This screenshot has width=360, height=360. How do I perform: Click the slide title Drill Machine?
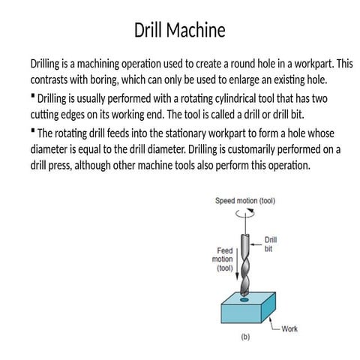180,31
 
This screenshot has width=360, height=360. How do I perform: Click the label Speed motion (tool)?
244,201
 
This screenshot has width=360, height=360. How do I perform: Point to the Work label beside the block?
289,328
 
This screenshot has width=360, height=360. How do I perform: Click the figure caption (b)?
244,337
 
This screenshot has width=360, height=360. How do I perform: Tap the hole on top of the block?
244,298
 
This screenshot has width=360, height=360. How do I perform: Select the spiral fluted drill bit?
244,262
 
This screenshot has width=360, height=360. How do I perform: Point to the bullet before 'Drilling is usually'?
33,97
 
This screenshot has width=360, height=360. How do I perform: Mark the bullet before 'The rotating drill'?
33,130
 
